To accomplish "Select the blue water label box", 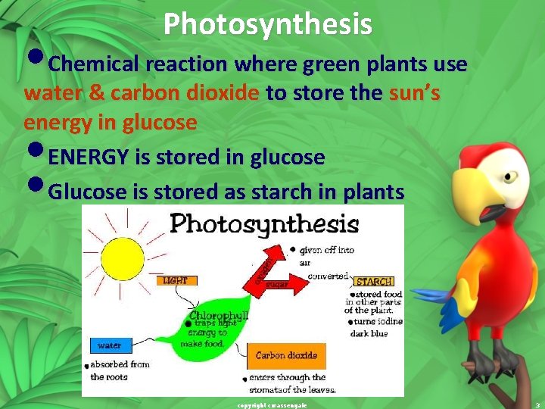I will (110, 346).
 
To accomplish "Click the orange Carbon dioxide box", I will (285, 355).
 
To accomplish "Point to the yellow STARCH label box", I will (374, 282).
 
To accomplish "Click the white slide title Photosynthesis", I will (267, 24).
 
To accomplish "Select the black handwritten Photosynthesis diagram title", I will (263, 224).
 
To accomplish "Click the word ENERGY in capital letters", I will (89, 158).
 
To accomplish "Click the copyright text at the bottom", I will (272, 405).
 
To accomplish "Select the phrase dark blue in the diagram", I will (369, 333).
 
